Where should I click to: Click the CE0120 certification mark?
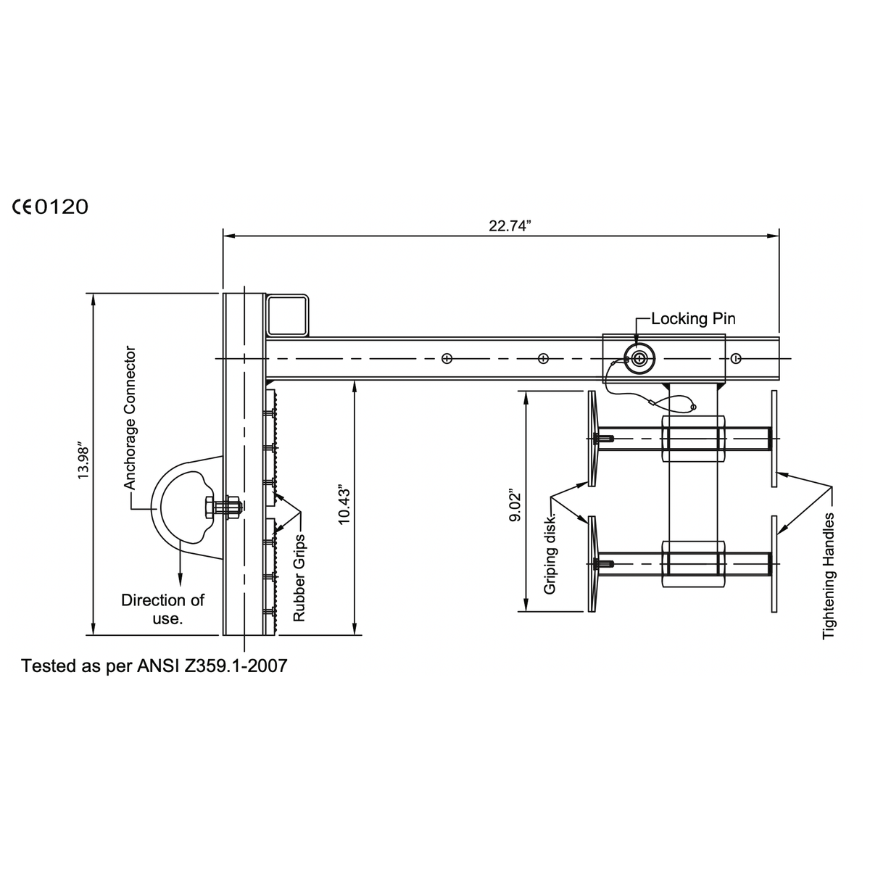click(50, 207)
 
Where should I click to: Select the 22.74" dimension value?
click(510, 225)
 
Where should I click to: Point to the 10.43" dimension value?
click(344, 505)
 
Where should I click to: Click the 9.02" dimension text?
click(515, 505)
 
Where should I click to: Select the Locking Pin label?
click(693, 319)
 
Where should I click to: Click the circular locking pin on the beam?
click(639, 359)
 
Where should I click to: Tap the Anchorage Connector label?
click(130, 418)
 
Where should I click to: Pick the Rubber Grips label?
click(299, 578)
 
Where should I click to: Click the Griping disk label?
click(550, 553)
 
